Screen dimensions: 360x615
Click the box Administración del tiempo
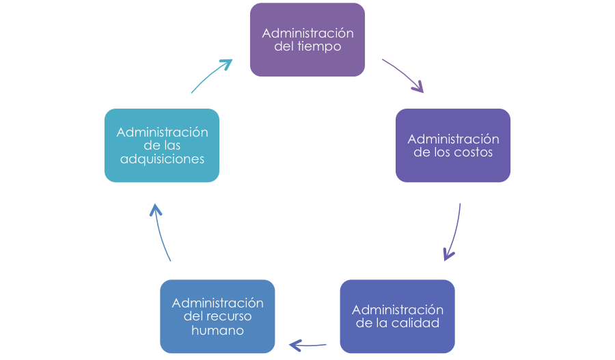tap(307, 40)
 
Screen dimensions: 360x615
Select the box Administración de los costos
tap(453, 145)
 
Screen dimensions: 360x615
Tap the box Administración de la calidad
tap(397, 316)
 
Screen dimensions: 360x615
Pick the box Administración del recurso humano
tap(217, 316)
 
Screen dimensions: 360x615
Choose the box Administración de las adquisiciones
tap(162, 145)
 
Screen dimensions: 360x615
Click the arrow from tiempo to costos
tap(403, 76)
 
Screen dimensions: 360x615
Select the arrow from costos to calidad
tap(454, 232)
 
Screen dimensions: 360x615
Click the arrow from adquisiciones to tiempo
tap(211, 74)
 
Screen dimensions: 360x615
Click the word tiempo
tap(323, 47)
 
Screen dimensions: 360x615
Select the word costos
tap(472, 152)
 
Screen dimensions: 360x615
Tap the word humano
tap(217, 331)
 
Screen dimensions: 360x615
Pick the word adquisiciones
tap(162, 159)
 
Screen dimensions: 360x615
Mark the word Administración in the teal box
tap(162, 131)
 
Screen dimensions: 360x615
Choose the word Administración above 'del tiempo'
tap(307, 33)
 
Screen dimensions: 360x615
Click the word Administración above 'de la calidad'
tap(397, 309)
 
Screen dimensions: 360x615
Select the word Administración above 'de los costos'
tap(453, 139)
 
